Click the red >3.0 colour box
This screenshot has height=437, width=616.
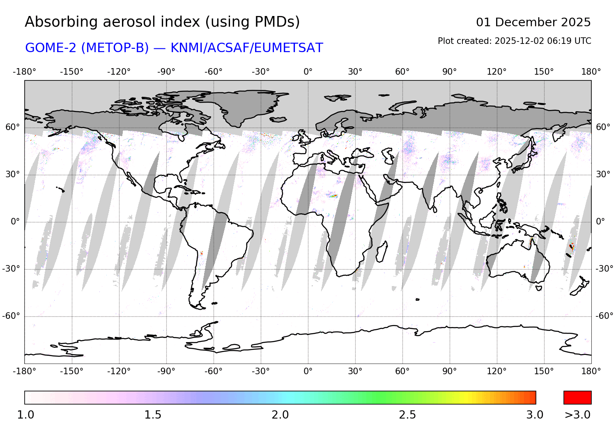click(577, 398)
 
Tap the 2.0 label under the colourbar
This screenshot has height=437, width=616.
click(280, 415)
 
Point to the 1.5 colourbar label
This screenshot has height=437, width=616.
click(153, 415)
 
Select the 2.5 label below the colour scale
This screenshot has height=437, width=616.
click(407, 415)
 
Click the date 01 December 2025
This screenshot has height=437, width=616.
click(533, 22)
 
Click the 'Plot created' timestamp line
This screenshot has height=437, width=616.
click(514, 41)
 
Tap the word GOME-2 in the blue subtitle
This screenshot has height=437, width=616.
click(51, 48)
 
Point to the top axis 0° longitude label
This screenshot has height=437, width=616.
click(308, 72)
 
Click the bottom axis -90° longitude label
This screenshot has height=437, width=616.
click(166, 371)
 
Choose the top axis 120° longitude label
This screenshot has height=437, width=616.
click(496, 72)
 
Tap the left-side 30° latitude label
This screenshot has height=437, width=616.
click(12, 174)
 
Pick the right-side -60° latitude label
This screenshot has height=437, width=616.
click(604, 316)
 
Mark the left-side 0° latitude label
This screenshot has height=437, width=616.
click(15, 222)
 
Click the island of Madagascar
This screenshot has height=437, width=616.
click(382, 251)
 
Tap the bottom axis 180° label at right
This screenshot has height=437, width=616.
click(591, 371)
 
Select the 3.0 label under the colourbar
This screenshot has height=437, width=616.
click(535, 415)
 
